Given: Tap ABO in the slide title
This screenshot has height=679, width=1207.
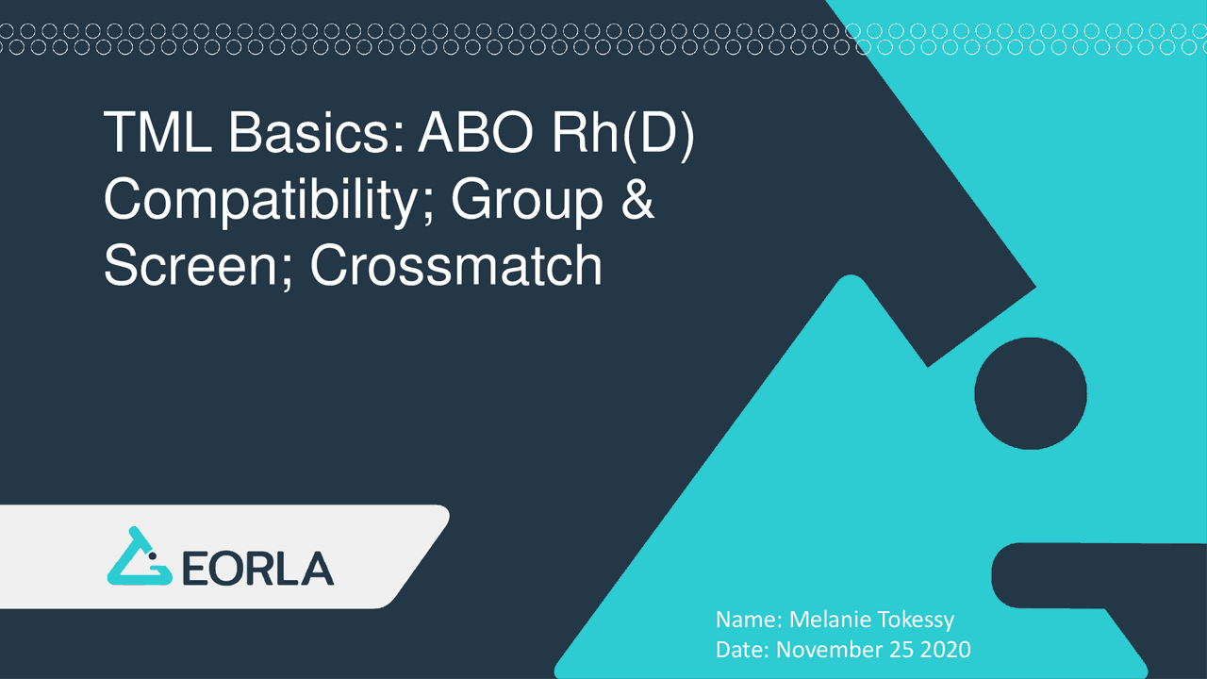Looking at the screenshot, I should pyautogui.click(x=479, y=134).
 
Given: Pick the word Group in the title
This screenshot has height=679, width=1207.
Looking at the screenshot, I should pyautogui.click(x=526, y=201).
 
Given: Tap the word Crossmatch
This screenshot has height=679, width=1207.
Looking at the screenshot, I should pyautogui.click(x=456, y=266).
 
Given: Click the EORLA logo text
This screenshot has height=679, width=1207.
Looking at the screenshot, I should pyautogui.click(x=256, y=569).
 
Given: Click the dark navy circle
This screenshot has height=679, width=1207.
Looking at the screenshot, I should pyautogui.click(x=1031, y=394).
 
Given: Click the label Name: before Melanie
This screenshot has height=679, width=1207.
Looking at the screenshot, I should pyautogui.click(x=749, y=620).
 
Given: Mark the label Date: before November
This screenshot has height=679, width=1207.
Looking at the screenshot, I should pyautogui.click(x=743, y=650).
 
